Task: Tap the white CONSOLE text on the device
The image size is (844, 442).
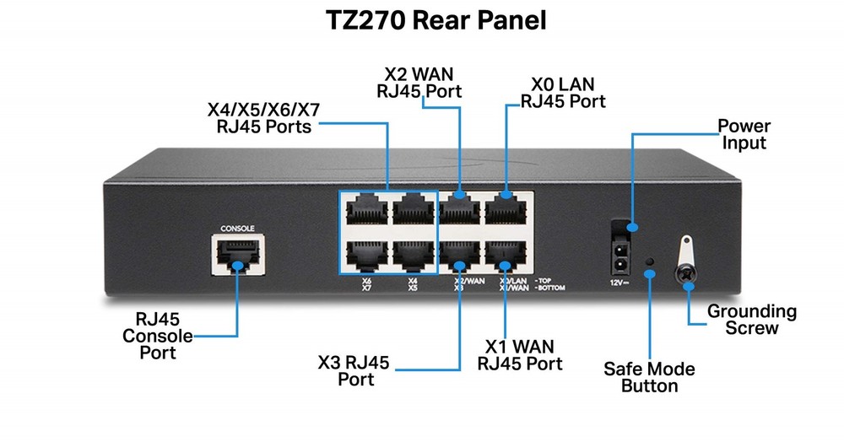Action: pos(236,228)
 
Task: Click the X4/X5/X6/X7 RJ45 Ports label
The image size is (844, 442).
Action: pos(263,119)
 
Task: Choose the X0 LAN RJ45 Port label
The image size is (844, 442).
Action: pos(563,93)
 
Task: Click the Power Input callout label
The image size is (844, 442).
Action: pos(744,135)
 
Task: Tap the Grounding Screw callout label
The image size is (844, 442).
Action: pos(751,320)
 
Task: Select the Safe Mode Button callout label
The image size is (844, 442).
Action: pos(649,377)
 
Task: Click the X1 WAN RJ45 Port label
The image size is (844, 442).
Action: pos(520,355)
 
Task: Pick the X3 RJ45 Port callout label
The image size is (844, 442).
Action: pos(354,370)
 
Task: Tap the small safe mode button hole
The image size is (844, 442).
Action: pos(649,261)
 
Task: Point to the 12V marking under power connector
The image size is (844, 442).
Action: pos(620,283)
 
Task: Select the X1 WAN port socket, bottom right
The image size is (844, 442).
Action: pos(505,256)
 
